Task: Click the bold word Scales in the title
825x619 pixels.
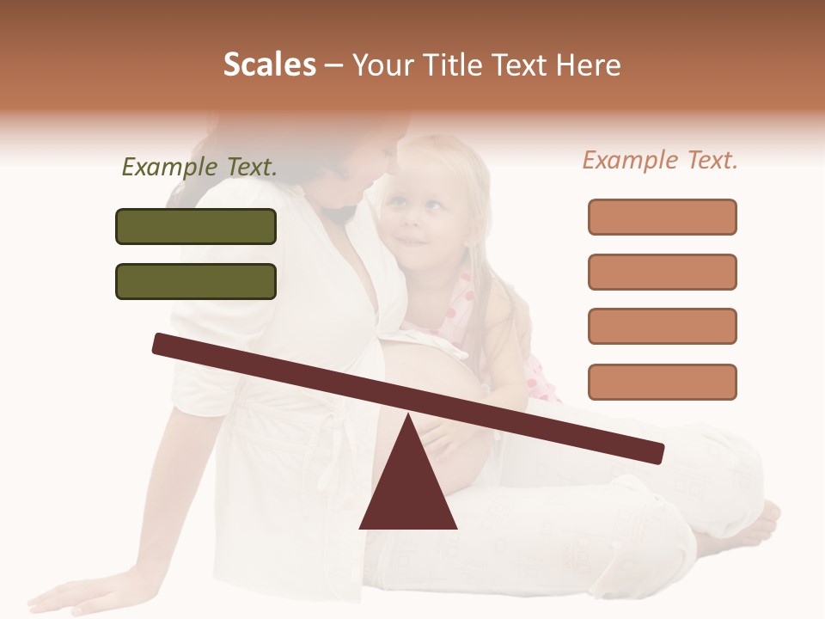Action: coord(270,64)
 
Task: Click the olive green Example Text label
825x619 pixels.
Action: coord(199,168)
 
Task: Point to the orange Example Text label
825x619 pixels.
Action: coord(660,160)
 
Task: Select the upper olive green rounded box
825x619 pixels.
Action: coord(196,226)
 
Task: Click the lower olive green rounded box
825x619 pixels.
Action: coord(196,281)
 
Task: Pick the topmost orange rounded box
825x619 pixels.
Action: coord(662,217)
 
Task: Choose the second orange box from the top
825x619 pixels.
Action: coord(662,272)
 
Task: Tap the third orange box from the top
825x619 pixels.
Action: coord(662,326)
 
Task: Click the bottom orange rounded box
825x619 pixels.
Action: coord(662,382)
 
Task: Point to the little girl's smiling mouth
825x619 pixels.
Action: coord(413,242)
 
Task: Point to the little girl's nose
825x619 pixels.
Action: coord(410,222)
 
